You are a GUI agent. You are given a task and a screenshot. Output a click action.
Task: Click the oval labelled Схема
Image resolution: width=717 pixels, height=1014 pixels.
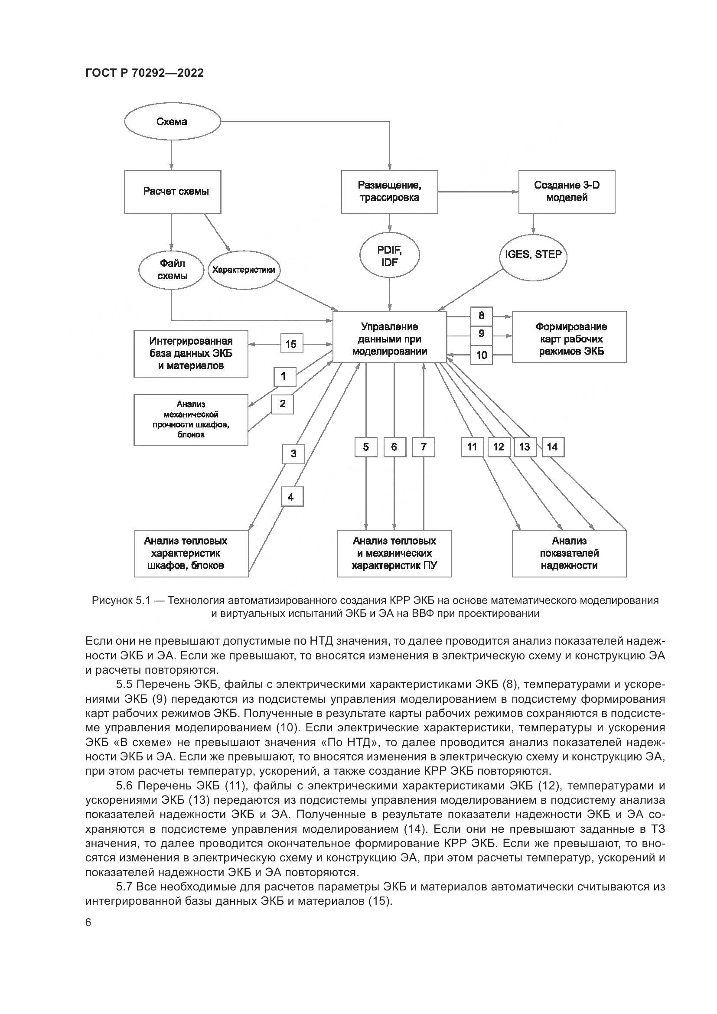click(x=172, y=122)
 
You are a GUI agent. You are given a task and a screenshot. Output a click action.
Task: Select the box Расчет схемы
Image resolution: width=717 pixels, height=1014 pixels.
click(x=173, y=192)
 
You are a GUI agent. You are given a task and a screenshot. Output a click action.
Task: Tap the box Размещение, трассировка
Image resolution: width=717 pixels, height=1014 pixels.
click(x=389, y=192)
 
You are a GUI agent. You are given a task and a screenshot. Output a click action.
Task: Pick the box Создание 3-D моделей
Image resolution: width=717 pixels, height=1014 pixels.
click(x=567, y=192)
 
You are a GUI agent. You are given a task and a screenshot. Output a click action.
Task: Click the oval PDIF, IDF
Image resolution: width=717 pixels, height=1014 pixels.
click(x=389, y=256)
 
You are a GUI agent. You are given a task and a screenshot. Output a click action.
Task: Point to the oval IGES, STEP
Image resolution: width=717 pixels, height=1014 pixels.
click(x=533, y=255)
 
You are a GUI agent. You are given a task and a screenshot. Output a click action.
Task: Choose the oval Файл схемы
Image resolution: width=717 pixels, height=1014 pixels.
click(x=171, y=270)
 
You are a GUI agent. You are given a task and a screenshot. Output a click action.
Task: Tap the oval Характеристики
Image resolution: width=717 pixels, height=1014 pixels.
click(x=244, y=270)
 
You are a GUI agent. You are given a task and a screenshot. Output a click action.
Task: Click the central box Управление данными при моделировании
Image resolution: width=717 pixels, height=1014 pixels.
click(x=389, y=339)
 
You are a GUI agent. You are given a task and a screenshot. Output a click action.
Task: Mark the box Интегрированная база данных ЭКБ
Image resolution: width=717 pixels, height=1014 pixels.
click(x=191, y=354)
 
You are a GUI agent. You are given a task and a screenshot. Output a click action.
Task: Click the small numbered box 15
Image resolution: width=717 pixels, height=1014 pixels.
click(x=291, y=344)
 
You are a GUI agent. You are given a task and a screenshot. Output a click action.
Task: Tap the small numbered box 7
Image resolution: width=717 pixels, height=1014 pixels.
click(x=424, y=447)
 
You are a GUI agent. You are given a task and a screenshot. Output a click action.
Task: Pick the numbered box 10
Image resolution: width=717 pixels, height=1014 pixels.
click(x=481, y=355)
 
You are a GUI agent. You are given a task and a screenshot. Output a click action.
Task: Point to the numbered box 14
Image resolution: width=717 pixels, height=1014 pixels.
click(x=552, y=447)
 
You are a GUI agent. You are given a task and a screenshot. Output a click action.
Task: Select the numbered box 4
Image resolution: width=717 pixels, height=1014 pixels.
click(x=292, y=498)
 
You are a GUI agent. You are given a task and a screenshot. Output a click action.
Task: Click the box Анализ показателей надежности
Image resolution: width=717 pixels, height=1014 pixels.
click(x=569, y=553)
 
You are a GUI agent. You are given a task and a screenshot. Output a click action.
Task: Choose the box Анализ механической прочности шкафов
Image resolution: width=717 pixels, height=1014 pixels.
click(x=191, y=420)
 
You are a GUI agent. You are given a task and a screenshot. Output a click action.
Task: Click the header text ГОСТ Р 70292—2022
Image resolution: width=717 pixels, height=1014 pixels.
click(x=144, y=73)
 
